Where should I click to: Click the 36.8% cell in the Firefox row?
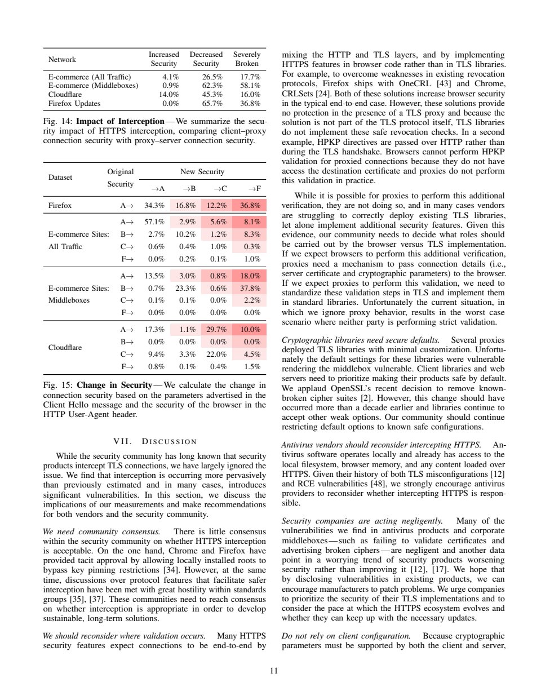coord(250,206)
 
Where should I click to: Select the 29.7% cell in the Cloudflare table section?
coord(216,330)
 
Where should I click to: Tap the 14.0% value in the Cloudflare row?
coord(169,95)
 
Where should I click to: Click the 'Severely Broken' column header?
coord(247,59)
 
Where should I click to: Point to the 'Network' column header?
coord(62,60)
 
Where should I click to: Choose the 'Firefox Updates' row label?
coord(74,104)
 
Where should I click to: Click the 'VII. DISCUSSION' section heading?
coord(155,441)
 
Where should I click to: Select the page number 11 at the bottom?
coord(274,671)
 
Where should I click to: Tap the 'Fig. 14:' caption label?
coord(57,121)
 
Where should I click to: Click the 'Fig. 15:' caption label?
coord(57,385)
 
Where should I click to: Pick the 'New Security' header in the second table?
coord(202,172)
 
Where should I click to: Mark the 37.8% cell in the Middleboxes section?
coord(250,289)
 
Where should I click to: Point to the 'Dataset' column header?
coord(60,178)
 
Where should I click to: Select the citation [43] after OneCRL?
coord(445,83)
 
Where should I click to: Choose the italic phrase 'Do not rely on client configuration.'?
coord(346,636)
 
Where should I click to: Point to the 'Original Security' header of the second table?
coord(121,178)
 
